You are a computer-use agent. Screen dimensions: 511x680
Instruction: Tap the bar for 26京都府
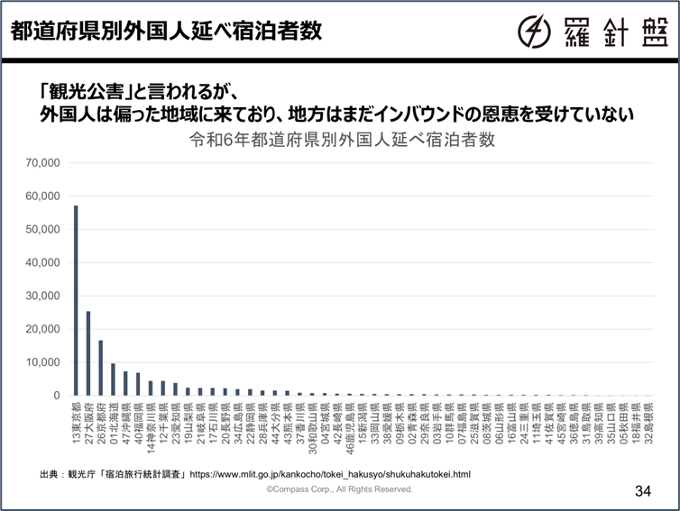click(x=101, y=368)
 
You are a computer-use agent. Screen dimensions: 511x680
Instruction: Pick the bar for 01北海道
click(x=113, y=379)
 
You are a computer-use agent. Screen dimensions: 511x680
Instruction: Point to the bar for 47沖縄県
click(x=125, y=383)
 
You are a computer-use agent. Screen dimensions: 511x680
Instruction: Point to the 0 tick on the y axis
click(x=56, y=396)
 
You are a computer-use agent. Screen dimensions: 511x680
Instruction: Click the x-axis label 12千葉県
click(x=163, y=425)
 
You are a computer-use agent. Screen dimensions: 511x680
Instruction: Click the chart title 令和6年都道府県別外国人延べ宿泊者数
click(x=342, y=141)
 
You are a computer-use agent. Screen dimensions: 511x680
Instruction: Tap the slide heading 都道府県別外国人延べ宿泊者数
click(x=166, y=31)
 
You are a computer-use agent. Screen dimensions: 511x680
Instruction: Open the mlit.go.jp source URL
click(x=333, y=473)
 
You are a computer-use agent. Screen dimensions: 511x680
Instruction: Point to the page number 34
click(x=642, y=491)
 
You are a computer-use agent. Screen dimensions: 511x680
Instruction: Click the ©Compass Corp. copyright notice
click(x=339, y=489)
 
